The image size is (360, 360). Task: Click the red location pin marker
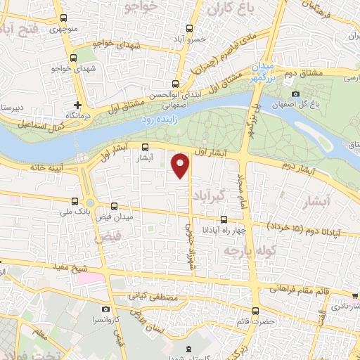tap(181, 166)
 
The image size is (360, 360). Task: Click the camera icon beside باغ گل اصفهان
tap(296, 94)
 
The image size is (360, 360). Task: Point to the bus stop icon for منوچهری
tap(64, 18)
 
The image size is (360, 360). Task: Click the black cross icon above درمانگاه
tap(77, 105)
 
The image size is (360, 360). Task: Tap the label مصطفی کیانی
tap(151, 298)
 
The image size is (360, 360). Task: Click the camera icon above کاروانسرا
tap(105, 309)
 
